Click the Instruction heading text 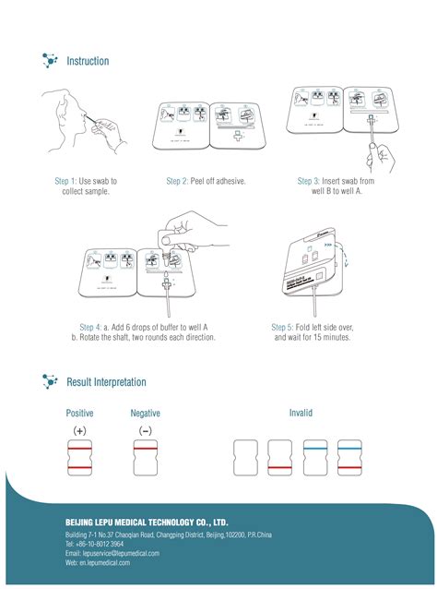tap(88, 61)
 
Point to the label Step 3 tap(309, 181)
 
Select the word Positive tap(79, 413)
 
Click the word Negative tap(145, 413)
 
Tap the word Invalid tap(301, 413)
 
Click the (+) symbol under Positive tap(79, 431)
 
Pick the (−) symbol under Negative tap(146, 431)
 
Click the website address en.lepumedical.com tap(102, 562)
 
